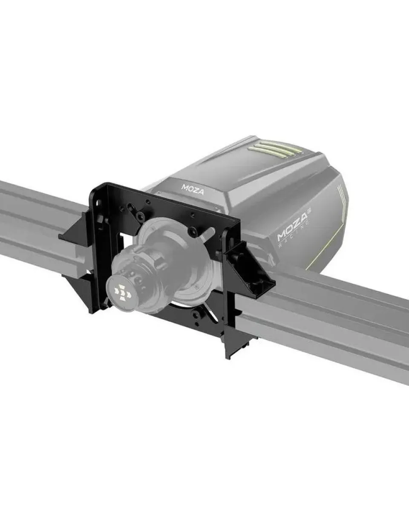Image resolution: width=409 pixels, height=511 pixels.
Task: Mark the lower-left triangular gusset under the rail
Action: (x=79, y=283)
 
